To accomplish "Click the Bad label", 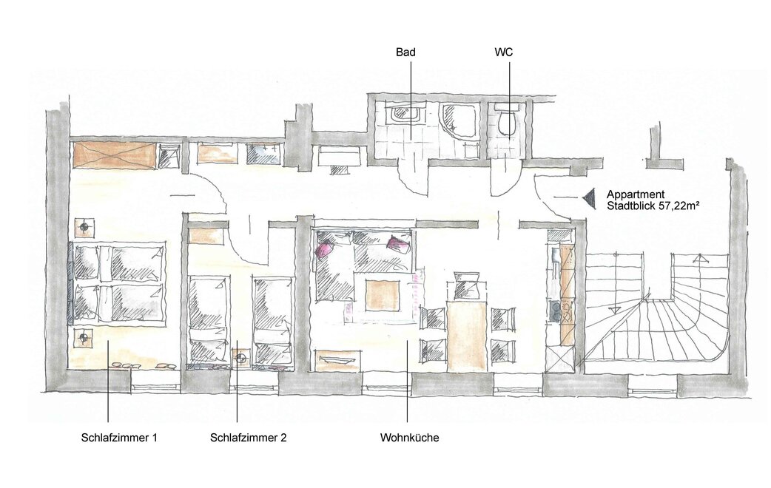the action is [x=405, y=52].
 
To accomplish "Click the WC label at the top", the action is [x=503, y=52].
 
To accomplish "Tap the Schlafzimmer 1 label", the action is [x=119, y=438].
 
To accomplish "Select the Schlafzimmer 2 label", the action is [x=249, y=438].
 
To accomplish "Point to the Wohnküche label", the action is [x=410, y=438].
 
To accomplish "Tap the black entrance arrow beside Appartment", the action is [x=589, y=197].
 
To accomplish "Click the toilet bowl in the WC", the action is [x=506, y=121].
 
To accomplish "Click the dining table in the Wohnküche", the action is [x=467, y=336].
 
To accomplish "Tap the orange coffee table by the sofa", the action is [x=383, y=295].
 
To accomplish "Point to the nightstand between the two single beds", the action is [x=241, y=359].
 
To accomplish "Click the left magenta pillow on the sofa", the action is [x=325, y=248].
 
